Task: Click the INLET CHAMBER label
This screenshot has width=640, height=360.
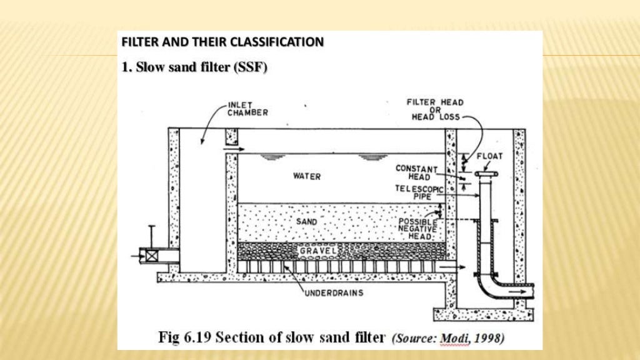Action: click(x=247, y=108)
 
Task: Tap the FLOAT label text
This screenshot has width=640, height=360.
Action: click(x=489, y=156)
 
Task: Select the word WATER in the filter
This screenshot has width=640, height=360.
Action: click(x=307, y=177)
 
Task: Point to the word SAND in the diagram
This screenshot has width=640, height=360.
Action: click(x=307, y=222)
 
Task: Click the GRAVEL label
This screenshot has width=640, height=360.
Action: click(x=318, y=251)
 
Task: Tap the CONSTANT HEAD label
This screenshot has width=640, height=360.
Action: click(x=416, y=172)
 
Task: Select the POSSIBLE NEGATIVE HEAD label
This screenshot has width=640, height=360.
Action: click(x=418, y=228)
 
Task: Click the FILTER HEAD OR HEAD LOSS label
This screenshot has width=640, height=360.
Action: click(x=435, y=109)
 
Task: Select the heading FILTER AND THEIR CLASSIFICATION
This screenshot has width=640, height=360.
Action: click(x=222, y=42)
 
